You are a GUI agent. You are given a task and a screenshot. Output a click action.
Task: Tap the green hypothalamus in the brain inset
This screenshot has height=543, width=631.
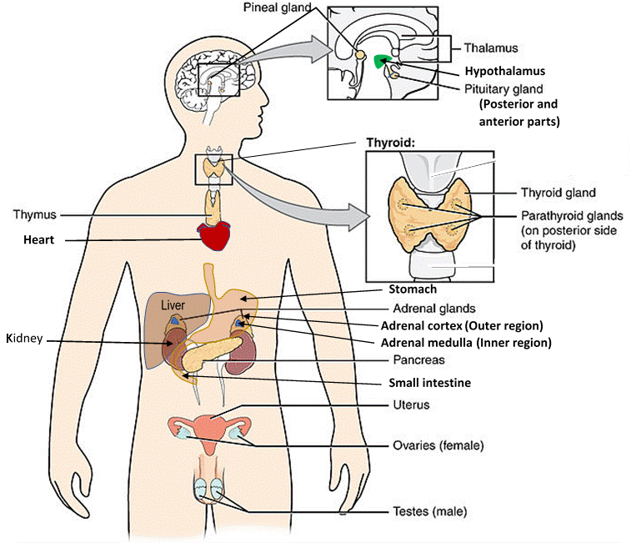click(x=384, y=60)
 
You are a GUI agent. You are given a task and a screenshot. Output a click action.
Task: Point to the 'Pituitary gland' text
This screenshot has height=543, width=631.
click(x=503, y=88)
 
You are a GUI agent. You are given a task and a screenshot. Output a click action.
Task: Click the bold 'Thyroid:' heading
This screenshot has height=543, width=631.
click(x=391, y=143)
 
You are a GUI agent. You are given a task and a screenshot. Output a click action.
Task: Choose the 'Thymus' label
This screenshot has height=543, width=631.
click(x=34, y=214)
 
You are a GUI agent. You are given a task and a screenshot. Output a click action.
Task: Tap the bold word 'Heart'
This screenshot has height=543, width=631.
click(x=38, y=240)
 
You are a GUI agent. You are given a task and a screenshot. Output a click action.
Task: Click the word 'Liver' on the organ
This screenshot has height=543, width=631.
click(x=173, y=306)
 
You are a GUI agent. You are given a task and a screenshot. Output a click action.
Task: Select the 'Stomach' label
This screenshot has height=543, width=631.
click(x=413, y=289)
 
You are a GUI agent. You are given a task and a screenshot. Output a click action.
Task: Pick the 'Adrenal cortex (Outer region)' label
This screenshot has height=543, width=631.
click(x=462, y=325)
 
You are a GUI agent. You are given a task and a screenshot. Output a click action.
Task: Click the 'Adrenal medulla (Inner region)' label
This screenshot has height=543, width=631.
click(x=466, y=342)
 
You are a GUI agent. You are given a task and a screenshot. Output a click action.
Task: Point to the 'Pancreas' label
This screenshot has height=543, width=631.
click(x=418, y=360)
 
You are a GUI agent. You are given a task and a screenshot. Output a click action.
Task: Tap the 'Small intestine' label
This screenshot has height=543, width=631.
click(x=429, y=383)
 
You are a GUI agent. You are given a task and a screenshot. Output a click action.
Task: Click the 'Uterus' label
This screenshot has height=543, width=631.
click(x=411, y=405)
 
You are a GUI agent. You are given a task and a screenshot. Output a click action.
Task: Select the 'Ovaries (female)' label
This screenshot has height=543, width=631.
click(x=438, y=445)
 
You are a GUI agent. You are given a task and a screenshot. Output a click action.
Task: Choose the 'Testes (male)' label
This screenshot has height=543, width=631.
click(x=429, y=511)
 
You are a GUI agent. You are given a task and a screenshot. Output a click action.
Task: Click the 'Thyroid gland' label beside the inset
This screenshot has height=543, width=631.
click(x=558, y=193)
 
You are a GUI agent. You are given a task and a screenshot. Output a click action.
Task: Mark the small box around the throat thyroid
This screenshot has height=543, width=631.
click(x=213, y=169)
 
